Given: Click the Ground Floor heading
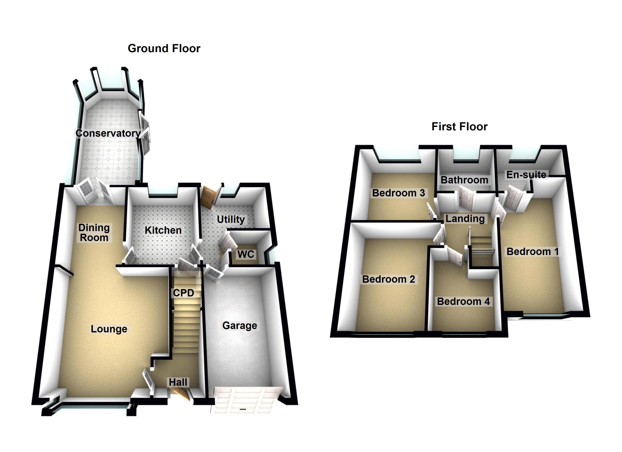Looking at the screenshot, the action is tap(164, 49).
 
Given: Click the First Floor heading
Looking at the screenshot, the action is tap(459, 127).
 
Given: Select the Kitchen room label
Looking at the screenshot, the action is tap(163, 230).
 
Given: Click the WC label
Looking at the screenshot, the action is tap(246, 254).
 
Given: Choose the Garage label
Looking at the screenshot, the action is tap(240, 326).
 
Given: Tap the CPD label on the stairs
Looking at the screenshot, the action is tap(183, 293).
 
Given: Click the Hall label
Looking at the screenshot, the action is tap(178, 382).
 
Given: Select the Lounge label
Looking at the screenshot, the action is tap(109, 329).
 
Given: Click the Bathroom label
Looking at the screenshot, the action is tap(464, 180).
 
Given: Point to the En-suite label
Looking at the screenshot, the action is tap(526, 175).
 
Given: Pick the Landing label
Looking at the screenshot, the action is tap(465, 219).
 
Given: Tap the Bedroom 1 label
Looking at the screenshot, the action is tap(532, 252).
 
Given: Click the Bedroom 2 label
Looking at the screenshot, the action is tap(389, 279).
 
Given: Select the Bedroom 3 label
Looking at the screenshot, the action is tap(398, 193).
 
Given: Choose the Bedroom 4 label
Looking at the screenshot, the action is tap(463, 302).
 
